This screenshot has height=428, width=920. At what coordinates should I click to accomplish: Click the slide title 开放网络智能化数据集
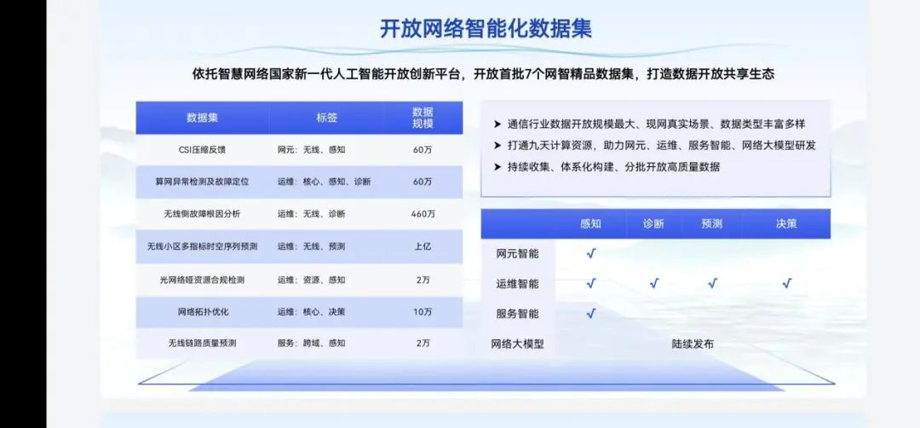486,29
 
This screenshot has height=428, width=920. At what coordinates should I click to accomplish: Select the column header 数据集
203,118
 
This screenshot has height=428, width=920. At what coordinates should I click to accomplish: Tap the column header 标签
327,118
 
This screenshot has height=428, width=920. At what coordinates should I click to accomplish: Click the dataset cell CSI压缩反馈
203,150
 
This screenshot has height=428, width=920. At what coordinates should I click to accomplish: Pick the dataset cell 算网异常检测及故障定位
203,182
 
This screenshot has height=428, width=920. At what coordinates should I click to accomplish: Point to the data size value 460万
423,214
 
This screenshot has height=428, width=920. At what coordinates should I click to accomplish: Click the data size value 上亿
423,246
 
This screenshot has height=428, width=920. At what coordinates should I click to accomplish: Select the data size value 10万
423,312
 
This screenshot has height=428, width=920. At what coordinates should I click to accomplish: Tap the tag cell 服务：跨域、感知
312,343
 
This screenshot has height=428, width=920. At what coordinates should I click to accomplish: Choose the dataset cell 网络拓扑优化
203,312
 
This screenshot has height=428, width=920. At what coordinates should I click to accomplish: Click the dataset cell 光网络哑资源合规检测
203,280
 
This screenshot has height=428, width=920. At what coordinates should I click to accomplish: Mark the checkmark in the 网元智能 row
591,253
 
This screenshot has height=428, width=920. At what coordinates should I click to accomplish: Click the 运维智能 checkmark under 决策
787,284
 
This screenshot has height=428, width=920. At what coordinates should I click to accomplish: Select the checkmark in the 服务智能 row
591,314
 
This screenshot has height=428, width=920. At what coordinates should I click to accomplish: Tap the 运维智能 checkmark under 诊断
654,284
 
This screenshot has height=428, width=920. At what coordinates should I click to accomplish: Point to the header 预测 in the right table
711,223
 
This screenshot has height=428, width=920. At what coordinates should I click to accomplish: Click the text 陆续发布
693,344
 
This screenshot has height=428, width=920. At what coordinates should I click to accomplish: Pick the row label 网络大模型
518,344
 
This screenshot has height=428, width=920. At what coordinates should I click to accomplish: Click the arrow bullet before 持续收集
497,167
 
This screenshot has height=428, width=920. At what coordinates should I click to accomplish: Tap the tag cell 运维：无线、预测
312,246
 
